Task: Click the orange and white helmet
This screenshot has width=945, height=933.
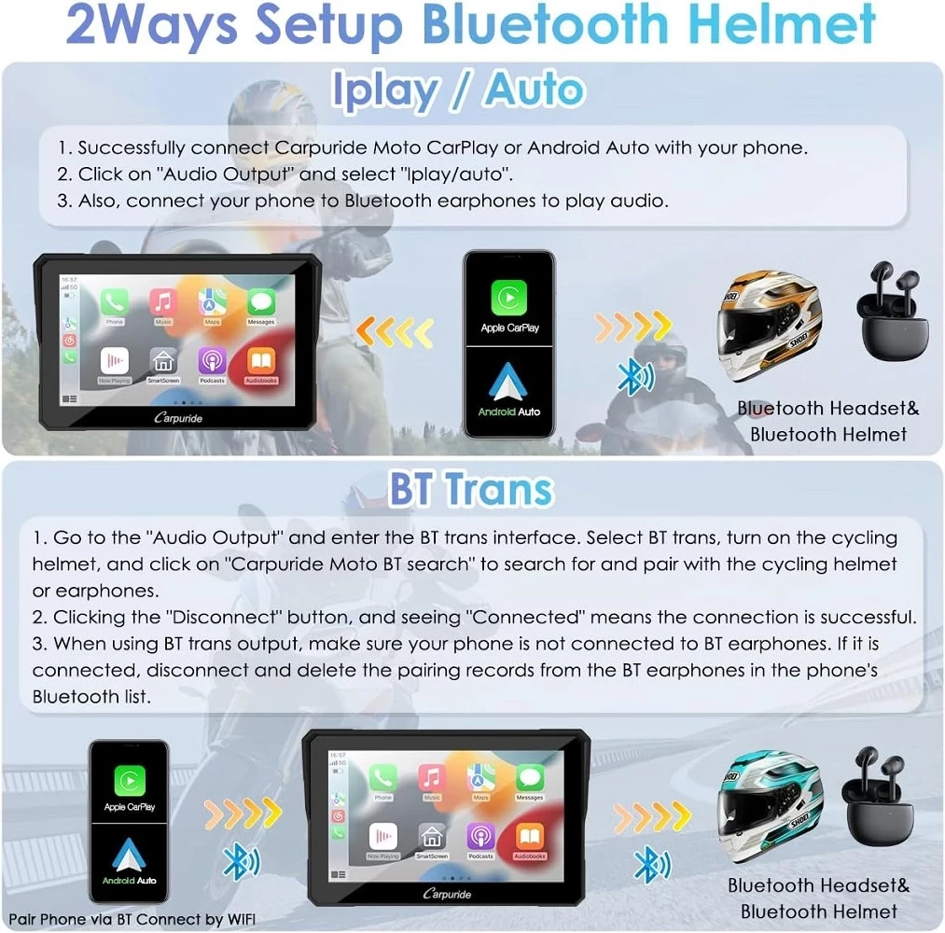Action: point(769,327)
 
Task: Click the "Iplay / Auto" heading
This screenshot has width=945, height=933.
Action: point(458,91)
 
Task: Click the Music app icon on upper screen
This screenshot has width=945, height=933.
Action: point(164,303)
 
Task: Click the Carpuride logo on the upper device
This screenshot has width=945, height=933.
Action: point(177,417)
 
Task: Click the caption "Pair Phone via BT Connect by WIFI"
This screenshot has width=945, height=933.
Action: point(133,919)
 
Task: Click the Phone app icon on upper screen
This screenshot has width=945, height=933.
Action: point(115,303)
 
